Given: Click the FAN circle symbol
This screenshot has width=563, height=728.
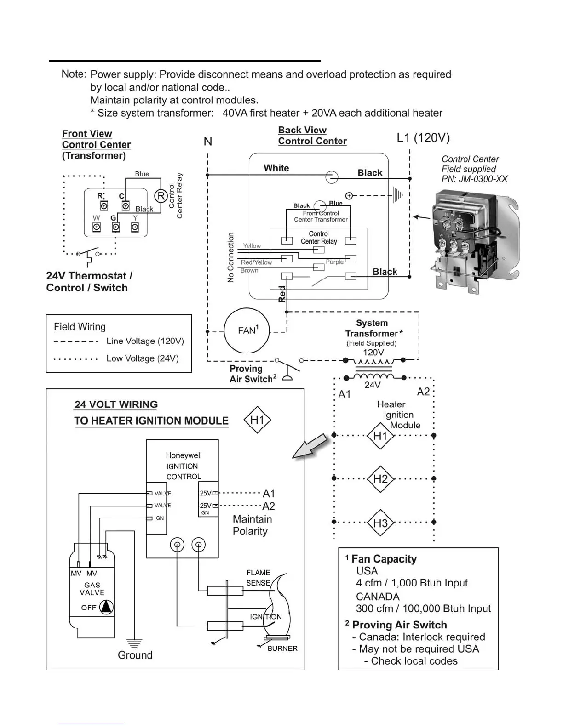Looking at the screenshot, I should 247,330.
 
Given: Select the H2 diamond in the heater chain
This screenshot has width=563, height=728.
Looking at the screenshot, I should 380,479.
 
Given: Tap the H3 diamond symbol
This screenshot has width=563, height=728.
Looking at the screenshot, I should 380,523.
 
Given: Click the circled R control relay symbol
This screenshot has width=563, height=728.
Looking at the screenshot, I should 161,196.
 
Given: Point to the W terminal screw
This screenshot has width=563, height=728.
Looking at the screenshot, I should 97,227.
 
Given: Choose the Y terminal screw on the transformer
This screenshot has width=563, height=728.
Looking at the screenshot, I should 135,227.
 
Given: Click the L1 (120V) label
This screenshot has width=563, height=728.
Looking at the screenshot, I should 423,138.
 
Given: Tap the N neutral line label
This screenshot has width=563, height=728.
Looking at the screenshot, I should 208,142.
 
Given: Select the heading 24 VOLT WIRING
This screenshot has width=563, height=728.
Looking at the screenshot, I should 116,404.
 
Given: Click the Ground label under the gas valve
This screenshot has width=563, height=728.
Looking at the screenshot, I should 135,655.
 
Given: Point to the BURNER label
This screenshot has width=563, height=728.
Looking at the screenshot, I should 282,648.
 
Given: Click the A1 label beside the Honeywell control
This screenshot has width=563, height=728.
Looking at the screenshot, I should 269,494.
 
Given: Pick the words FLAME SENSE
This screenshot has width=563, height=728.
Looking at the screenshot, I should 259,578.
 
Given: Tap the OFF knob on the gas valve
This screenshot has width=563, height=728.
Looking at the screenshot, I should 106,607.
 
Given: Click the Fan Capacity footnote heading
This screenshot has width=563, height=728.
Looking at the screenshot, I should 384,559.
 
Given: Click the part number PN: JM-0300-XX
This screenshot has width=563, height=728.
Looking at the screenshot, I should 474,179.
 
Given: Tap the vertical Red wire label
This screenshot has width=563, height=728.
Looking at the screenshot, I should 282,294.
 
